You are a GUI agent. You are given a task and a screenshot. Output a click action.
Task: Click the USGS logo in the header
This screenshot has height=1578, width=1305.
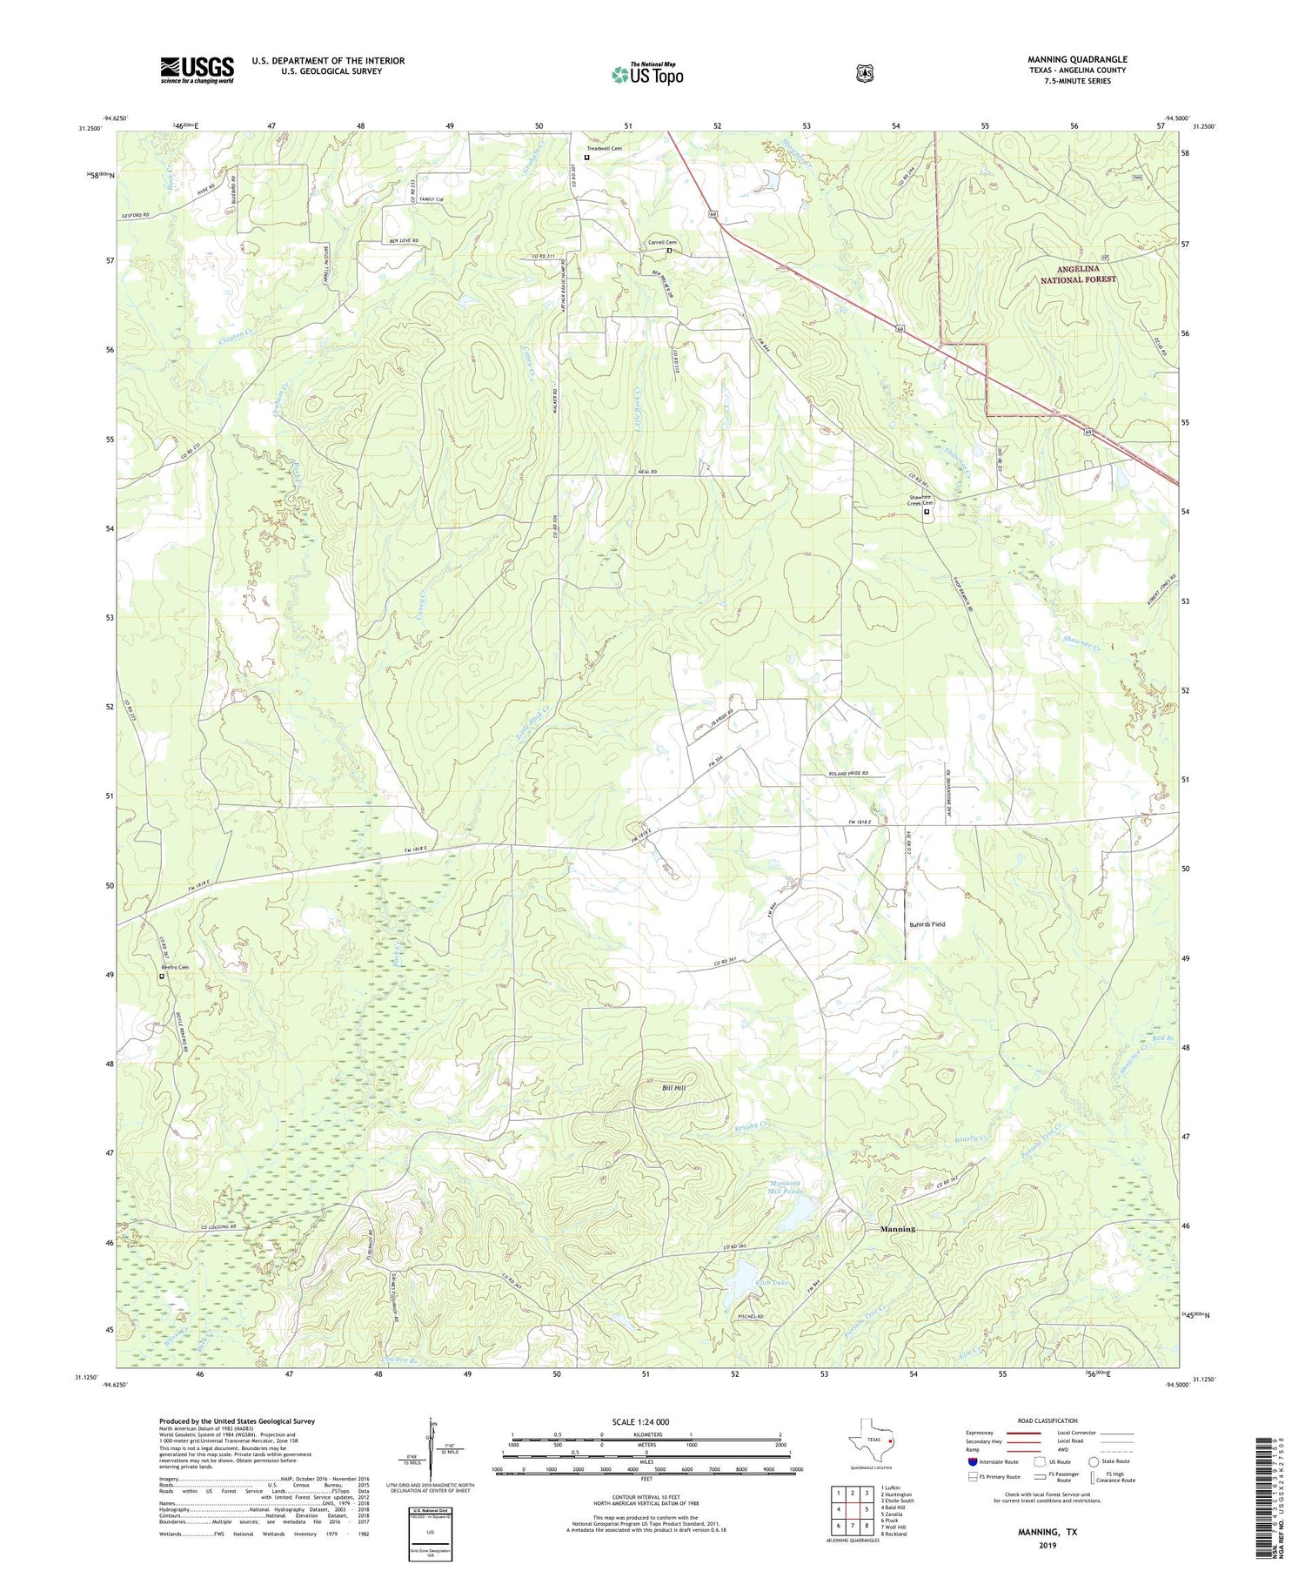coord(197,70)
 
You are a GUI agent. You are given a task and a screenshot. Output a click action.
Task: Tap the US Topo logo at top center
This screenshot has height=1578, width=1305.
coord(647,74)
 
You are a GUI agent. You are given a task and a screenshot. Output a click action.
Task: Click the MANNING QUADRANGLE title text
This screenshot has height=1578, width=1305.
coord(1077,59)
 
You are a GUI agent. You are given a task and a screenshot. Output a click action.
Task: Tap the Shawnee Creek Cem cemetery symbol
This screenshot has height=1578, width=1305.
coord(927,512)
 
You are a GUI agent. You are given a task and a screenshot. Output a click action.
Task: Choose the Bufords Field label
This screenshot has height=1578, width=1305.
coord(927,924)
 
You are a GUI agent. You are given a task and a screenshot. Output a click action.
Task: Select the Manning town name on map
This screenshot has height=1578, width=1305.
coord(897,1229)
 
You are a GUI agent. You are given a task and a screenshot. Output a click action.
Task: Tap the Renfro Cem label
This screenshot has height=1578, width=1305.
coord(174,968)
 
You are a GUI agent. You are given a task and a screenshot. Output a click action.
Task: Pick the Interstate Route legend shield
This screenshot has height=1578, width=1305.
coord(972,1461)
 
